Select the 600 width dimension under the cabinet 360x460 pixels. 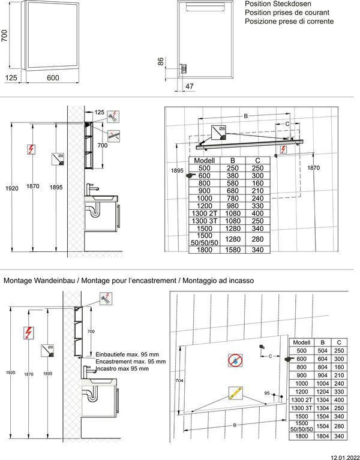[53, 77]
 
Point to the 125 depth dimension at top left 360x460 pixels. [11, 77]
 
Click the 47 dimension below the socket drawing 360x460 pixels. [190, 86]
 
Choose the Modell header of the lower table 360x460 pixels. [302, 341]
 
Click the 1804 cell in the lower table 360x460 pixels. [322, 437]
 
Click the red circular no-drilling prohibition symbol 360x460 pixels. [235, 359]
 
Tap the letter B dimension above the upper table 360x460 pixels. [245, 116]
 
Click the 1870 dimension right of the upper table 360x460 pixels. [313, 169]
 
